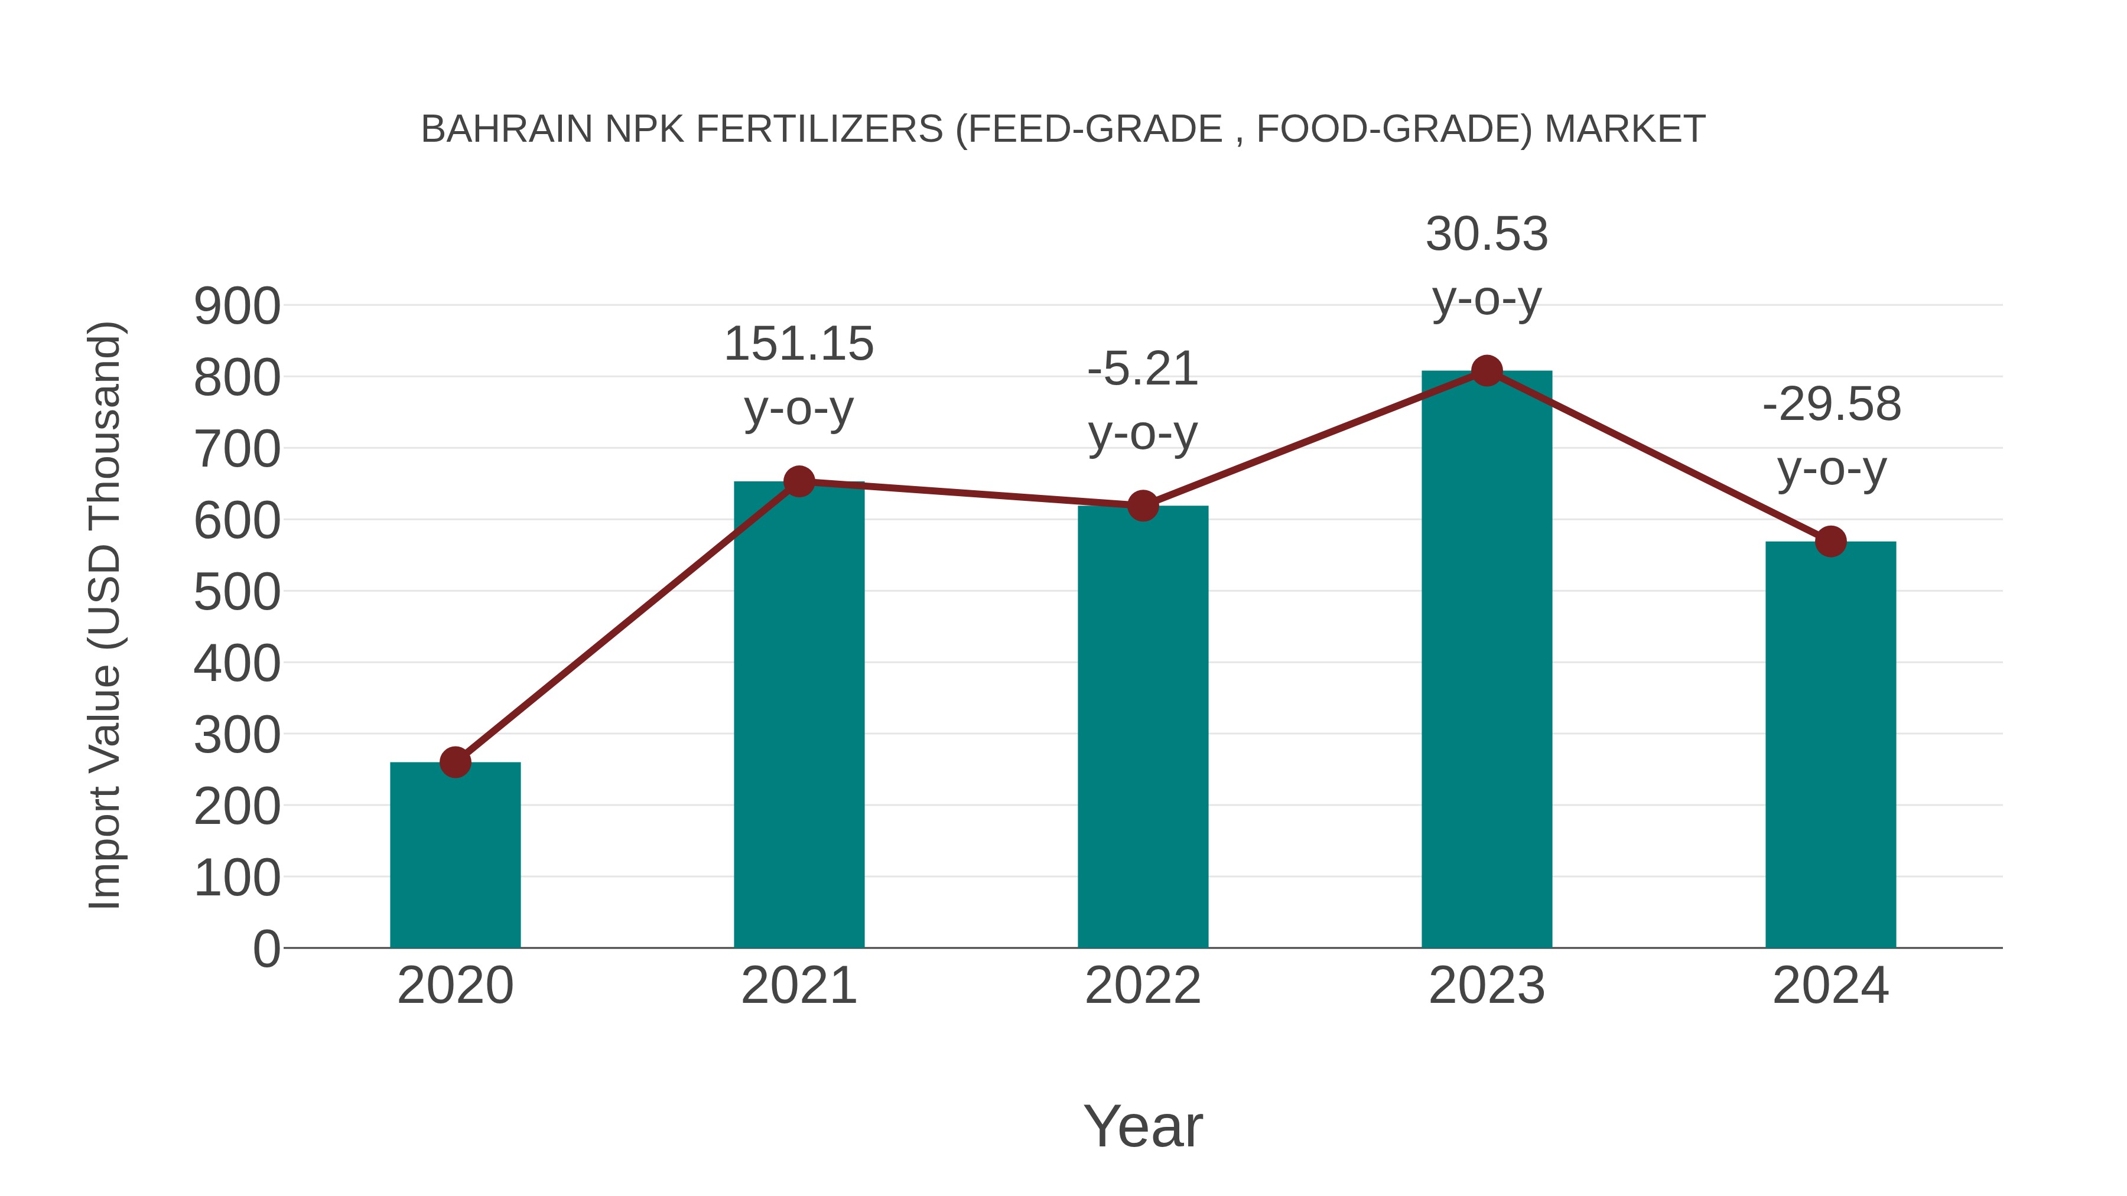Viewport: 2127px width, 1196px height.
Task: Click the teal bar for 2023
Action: [x=1487, y=660]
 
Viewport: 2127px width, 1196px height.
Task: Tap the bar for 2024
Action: [x=1830, y=743]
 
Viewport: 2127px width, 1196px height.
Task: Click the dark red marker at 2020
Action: [x=455, y=762]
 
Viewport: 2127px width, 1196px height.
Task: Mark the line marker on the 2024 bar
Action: [x=1830, y=542]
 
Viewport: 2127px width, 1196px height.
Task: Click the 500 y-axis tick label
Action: [x=237, y=592]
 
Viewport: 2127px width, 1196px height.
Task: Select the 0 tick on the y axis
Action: [x=266, y=949]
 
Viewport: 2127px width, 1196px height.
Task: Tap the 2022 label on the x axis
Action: [x=1143, y=986]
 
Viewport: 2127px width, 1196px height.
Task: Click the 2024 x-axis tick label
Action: [x=1830, y=986]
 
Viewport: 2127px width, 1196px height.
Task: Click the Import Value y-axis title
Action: [x=106, y=615]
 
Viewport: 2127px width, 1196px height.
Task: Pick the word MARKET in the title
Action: [x=1624, y=129]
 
